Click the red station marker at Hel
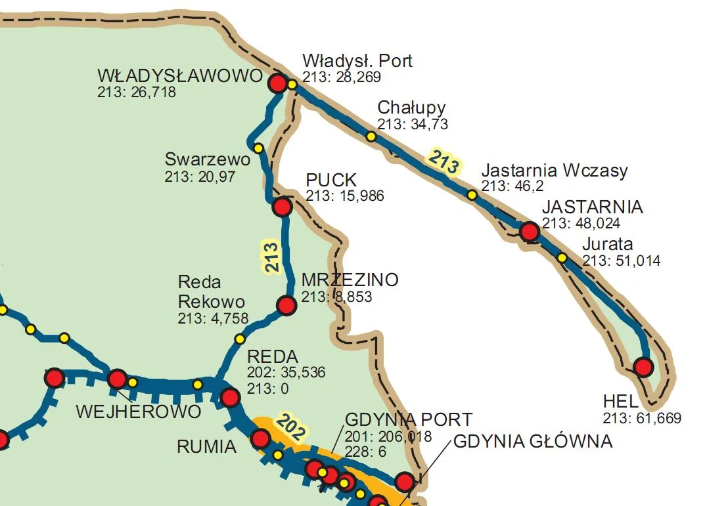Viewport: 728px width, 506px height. tap(643, 367)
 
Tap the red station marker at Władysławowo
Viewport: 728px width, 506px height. tap(278, 83)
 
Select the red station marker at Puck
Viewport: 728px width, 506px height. tap(282, 207)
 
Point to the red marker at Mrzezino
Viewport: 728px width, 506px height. tap(286, 305)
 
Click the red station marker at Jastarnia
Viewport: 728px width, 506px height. tap(529, 231)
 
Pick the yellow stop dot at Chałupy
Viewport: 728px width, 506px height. tap(371, 137)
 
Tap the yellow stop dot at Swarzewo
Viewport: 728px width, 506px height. tap(258, 148)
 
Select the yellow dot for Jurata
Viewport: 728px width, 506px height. tap(562, 257)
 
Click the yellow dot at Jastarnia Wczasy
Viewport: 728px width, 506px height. tap(472, 194)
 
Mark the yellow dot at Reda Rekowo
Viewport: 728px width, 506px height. tap(240, 339)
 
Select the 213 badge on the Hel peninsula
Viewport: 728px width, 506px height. tap(444, 162)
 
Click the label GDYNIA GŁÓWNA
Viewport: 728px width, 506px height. tap(533, 442)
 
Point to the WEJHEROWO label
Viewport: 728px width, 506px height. tap(138, 412)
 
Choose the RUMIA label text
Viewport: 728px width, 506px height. tap(206, 447)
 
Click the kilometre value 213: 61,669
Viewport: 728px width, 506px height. tap(642, 418)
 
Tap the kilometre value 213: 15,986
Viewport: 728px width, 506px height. tap(345, 196)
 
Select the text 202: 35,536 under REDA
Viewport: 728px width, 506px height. tap(286, 373)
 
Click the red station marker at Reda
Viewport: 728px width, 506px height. tap(230, 397)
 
